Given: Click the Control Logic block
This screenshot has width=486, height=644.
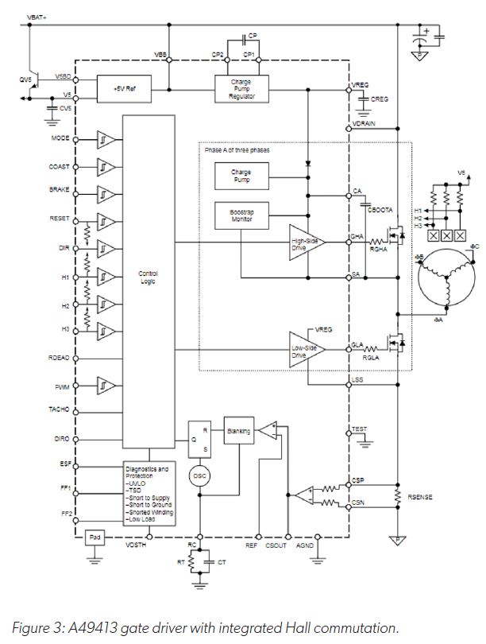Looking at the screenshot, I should click(148, 281).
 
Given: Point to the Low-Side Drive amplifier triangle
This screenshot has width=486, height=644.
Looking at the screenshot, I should click(307, 351).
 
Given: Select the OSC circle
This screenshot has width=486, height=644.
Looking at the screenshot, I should click(199, 475).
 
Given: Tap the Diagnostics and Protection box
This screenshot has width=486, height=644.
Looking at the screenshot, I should click(148, 492).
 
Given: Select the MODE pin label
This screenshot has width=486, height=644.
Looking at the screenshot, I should click(60, 139).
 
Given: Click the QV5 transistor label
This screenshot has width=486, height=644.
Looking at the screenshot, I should click(25, 80).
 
